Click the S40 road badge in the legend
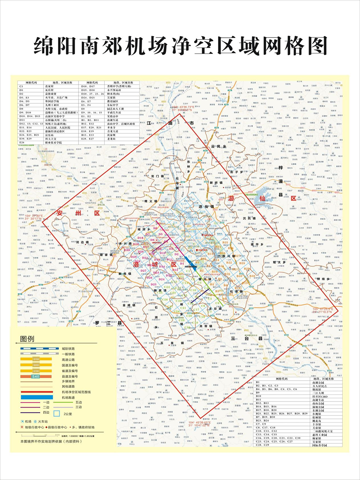pyautogui.click(x=36, y=376)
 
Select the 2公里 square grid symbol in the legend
pyautogui.click(x=57, y=413)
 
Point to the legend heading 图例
pyautogui.click(x=27, y=339)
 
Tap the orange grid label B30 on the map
pyautogui.click(x=252, y=276)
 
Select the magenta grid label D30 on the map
pyautogui.click(x=127, y=240)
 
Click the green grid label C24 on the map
pyautogui.click(x=167, y=287)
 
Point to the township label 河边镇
pyautogui.click(x=82, y=242)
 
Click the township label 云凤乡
pyautogui.click(x=219, y=147)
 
